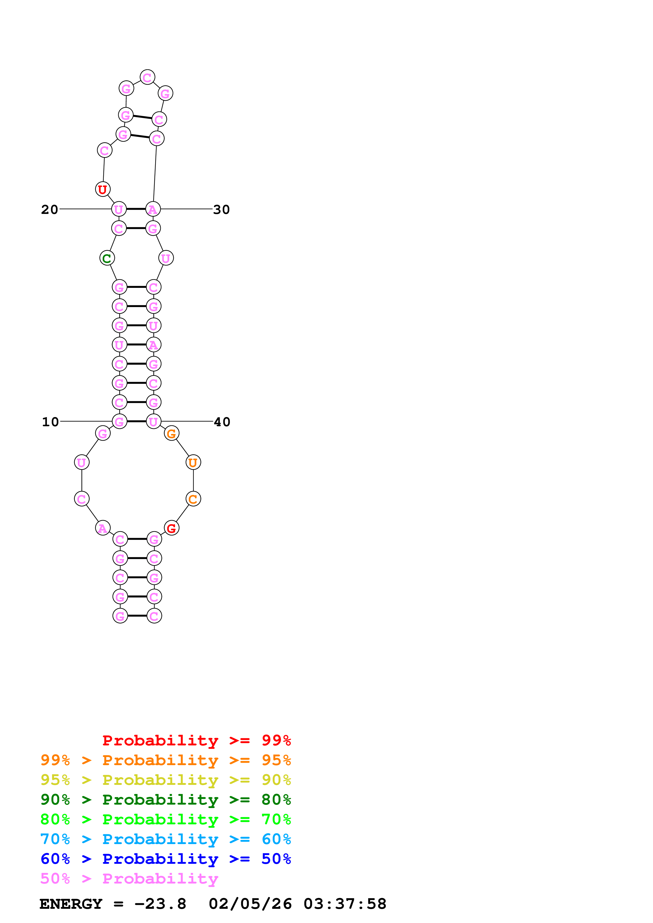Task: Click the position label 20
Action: pos(50,209)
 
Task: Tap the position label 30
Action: pos(221,209)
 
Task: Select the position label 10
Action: pos(50,422)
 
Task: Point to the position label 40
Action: pos(222,422)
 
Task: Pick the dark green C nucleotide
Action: pos(107,258)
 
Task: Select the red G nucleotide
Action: pos(171,528)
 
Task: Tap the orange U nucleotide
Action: pos(193,463)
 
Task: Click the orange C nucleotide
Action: pos(193,499)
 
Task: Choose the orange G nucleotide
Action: pos(171,433)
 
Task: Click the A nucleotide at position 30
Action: pos(153,209)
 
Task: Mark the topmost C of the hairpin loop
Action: pos(147,77)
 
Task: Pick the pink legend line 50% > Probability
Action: pos(129,878)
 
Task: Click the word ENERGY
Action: pos(71,904)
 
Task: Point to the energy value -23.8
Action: pos(160,904)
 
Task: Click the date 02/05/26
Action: pos(250,904)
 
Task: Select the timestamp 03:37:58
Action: pos(345,904)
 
